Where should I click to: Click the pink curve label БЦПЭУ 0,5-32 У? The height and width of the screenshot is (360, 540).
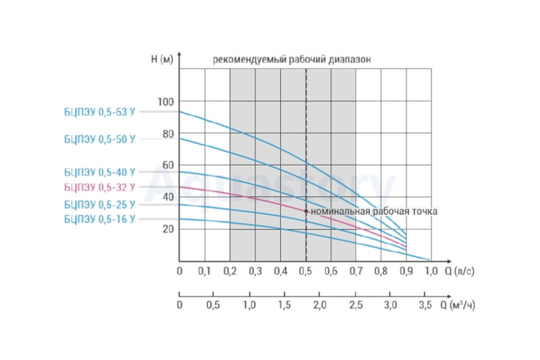[99, 188]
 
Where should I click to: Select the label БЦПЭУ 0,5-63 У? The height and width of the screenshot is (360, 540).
[99, 112]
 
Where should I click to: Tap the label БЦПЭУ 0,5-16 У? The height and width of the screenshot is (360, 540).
[99, 220]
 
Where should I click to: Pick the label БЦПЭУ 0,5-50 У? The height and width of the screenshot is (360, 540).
[99, 139]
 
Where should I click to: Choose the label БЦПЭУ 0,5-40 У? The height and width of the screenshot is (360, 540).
[99, 172]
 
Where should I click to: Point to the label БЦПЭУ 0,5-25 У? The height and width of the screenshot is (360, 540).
[99, 205]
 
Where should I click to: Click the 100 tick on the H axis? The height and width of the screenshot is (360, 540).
[166, 102]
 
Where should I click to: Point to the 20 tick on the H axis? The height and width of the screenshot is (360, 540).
[168, 229]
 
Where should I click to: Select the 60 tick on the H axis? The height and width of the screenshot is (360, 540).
[168, 166]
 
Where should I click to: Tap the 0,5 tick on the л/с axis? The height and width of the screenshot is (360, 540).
[306, 271]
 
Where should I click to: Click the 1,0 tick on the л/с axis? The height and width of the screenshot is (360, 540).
[431, 271]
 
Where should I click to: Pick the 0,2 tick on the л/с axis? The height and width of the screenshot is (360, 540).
[230, 271]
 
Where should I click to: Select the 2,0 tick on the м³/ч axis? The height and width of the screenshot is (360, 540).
[320, 305]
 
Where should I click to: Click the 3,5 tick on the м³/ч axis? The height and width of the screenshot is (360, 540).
[425, 305]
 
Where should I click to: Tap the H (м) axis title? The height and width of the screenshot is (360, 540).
[162, 59]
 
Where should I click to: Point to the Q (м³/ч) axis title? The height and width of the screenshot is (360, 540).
[458, 306]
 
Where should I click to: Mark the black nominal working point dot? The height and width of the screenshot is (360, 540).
[306, 211]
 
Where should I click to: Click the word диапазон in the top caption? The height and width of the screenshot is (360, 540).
[350, 60]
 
